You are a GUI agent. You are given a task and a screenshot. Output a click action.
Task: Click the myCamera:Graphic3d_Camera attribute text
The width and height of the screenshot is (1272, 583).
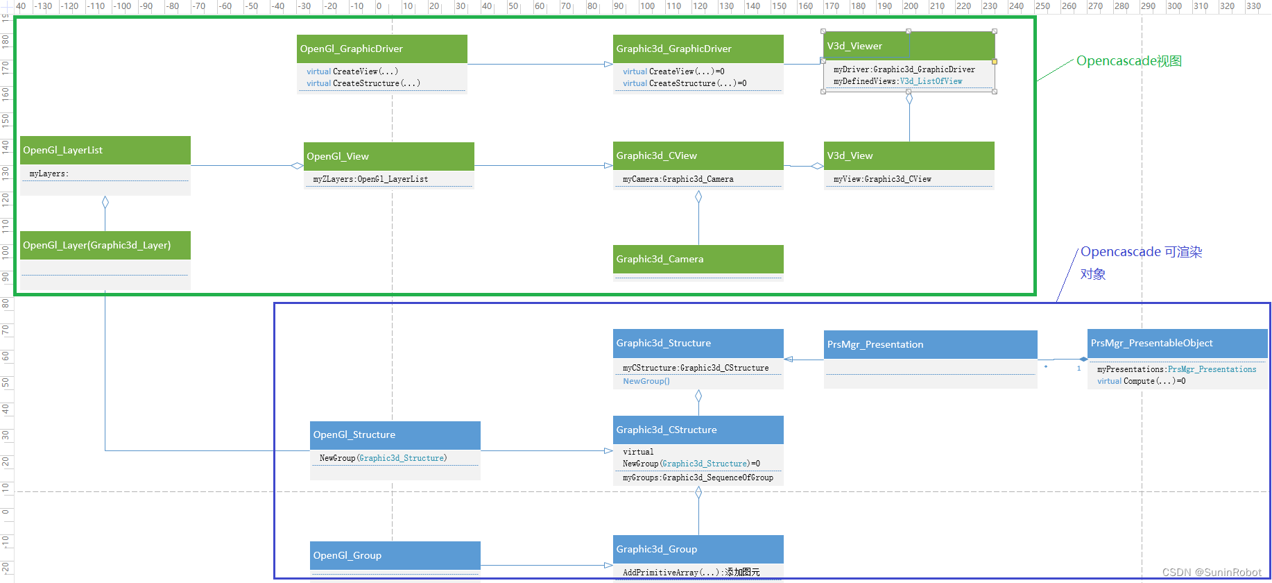coord(678,179)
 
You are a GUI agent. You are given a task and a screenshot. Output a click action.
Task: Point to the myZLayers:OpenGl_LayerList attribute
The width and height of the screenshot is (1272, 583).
coord(370,179)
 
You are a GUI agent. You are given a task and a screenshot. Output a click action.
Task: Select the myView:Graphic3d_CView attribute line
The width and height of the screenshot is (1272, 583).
coord(882,179)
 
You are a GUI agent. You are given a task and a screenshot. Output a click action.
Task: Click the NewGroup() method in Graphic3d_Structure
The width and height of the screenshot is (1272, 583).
coord(646,381)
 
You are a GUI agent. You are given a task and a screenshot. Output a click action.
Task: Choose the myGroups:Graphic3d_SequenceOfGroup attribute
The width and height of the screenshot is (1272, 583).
coord(698,478)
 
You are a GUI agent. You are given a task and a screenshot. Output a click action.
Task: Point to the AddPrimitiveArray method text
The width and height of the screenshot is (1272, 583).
coord(691,572)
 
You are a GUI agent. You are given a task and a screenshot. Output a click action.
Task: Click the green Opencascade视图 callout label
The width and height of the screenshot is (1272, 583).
coord(1128,61)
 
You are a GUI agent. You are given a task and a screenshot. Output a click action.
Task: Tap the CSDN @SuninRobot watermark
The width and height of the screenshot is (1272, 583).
coord(1212,572)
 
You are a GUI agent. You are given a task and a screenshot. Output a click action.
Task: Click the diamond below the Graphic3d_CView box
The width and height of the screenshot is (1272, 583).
coord(698,197)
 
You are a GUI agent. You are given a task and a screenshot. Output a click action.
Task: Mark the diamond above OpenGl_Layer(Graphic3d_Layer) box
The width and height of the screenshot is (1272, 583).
coord(105,203)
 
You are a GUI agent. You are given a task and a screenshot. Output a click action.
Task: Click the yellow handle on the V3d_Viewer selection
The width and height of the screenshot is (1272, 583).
coord(995,62)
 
